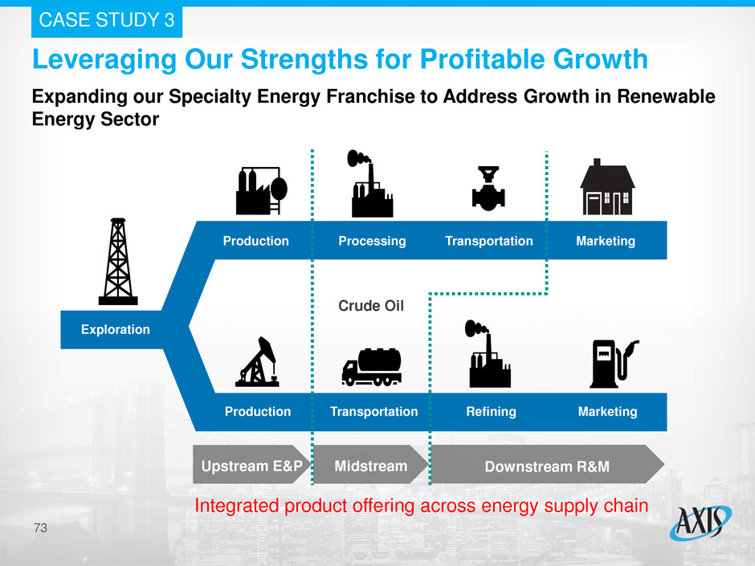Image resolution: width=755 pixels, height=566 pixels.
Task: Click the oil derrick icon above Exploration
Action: [x=118, y=262]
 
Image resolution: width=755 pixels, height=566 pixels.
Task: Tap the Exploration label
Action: [x=116, y=330]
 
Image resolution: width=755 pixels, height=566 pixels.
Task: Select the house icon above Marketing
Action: [x=607, y=187]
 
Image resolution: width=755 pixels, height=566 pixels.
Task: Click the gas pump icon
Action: [x=614, y=364]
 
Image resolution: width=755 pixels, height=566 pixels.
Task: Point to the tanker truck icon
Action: [x=371, y=367]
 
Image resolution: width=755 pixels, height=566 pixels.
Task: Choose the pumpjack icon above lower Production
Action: [x=258, y=361]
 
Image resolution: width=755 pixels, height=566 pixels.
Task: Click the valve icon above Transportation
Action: [x=488, y=189]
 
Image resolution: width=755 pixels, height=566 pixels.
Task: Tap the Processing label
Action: [x=372, y=241]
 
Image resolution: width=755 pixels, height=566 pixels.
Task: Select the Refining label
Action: [x=491, y=412]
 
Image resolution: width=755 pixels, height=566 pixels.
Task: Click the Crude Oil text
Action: [x=371, y=306]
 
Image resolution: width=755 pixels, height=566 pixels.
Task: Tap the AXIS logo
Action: [x=700, y=522]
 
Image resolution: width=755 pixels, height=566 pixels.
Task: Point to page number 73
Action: [x=40, y=528]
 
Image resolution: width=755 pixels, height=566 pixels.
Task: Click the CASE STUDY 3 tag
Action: [x=107, y=20]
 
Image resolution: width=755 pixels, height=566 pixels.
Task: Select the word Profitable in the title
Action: [x=482, y=59]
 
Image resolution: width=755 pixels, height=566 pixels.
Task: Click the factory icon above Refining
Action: [x=488, y=354]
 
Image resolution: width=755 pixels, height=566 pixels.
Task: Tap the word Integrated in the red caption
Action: [x=236, y=507]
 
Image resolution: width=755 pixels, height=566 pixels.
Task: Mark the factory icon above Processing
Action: [x=370, y=184]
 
